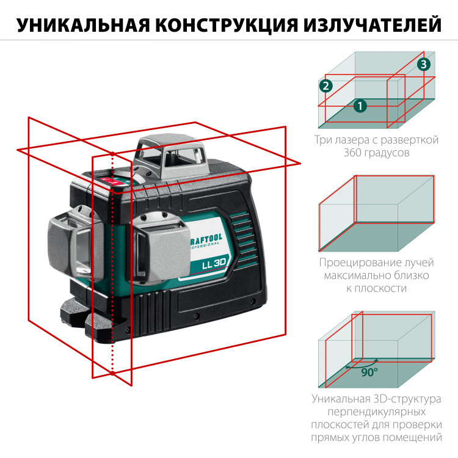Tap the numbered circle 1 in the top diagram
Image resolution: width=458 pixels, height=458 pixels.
click(x=361, y=106)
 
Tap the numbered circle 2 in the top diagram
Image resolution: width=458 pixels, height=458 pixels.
click(x=326, y=86)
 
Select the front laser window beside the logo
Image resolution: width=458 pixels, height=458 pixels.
click(x=156, y=250)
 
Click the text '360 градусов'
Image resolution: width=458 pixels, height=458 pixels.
click(x=376, y=153)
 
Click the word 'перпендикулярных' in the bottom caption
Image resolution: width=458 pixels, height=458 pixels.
click(x=376, y=412)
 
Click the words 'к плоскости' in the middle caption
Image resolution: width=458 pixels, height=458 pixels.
click(x=376, y=288)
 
